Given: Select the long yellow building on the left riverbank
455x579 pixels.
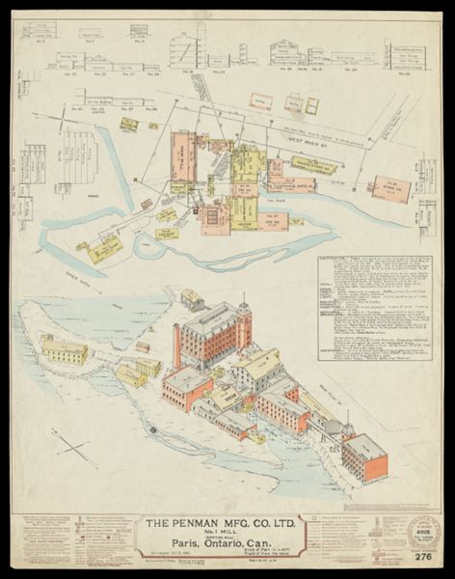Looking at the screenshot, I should [64, 351].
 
